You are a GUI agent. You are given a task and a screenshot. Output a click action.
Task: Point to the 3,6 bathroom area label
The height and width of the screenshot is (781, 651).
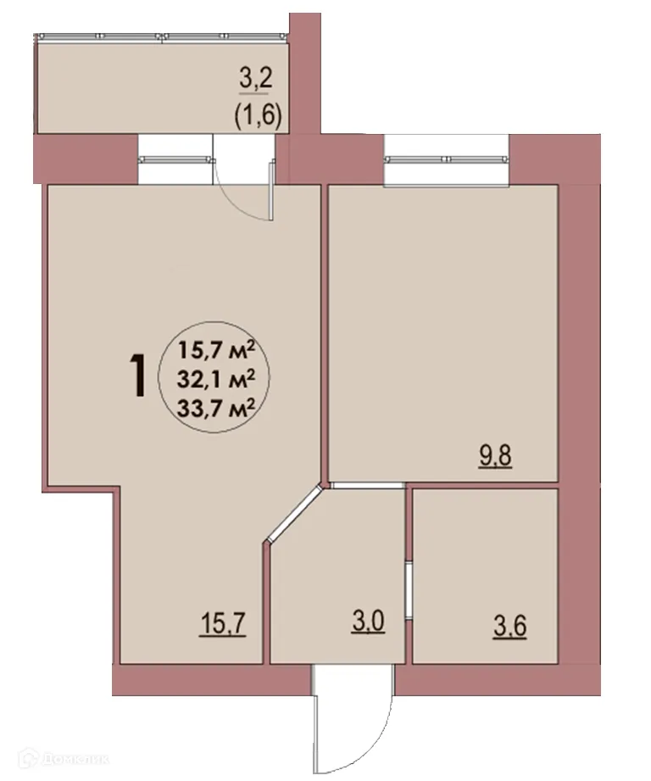(509, 632)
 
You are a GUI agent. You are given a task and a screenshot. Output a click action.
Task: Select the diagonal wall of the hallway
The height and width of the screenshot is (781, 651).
(292, 513)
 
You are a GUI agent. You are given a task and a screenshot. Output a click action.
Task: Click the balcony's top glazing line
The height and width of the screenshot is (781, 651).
(161, 36)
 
